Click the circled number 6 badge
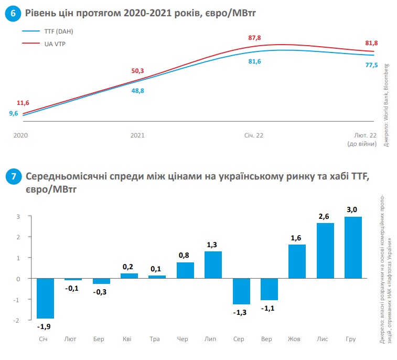12,14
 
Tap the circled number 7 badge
12,177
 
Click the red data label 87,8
255,38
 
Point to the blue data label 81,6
254,62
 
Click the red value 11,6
23,103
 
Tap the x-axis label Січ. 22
254,135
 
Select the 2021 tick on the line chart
137,135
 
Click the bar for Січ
45,298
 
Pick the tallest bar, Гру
353,247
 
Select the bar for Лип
212,265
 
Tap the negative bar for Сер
241,291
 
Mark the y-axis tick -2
17,320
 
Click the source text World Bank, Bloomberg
387,105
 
